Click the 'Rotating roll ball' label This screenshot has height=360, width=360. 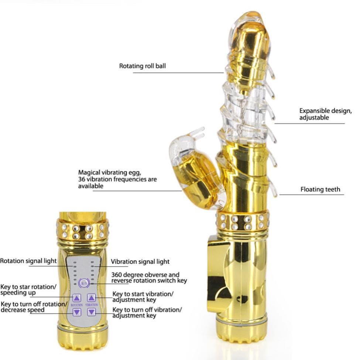tap(143, 66)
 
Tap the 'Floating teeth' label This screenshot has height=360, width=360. tap(320, 189)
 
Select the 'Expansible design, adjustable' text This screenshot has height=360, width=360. tap(325, 114)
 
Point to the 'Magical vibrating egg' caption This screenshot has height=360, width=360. tap(110, 172)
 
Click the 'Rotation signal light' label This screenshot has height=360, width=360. tap(28, 261)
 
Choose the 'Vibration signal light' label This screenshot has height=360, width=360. tap(140, 262)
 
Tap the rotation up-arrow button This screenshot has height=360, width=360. tap(77, 298)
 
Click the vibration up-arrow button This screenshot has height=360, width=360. tap(91, 298)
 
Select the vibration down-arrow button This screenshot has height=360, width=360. tap(91, 312)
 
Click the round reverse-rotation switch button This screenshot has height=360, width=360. tap(84, 283)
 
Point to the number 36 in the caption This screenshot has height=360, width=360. tap(82, 179)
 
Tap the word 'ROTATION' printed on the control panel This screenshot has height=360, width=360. tap(77, 305)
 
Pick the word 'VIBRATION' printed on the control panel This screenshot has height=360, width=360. tap(92, 305)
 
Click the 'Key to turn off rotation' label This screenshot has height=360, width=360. tap(34, 304)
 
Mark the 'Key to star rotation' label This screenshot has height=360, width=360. tap(28, 287)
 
